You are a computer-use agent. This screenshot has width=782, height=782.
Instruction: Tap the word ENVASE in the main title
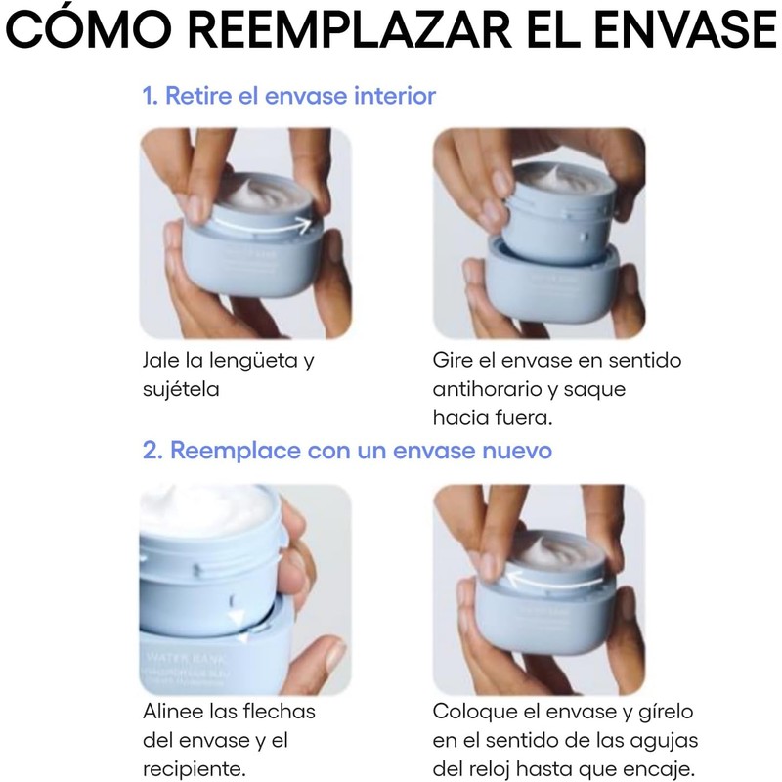tap(685, 30)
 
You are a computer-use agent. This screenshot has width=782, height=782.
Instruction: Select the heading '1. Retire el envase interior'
tap(288, 95)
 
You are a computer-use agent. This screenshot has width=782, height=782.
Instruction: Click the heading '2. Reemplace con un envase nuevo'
tap(347, 451)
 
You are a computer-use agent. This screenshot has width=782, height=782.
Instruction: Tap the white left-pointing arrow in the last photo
tap(554, 580)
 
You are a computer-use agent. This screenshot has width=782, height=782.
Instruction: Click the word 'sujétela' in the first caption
tap(181, 389)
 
